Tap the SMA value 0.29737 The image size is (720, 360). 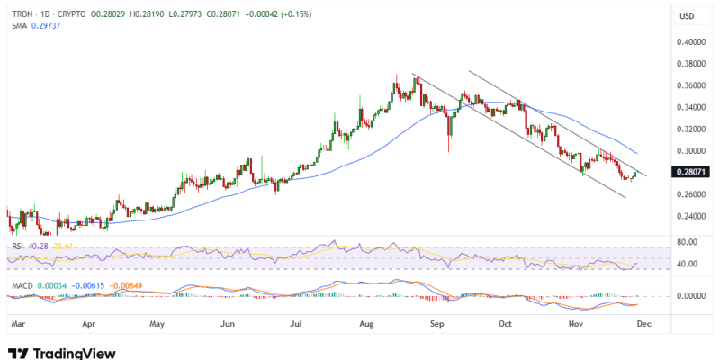click(48, 27)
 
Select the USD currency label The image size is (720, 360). click(687, 16)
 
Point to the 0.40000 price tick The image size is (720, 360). click(689, 41)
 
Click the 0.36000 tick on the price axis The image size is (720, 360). click(689, 85)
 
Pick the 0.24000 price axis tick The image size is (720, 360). click(689, 217)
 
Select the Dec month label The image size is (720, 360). click(643, 321)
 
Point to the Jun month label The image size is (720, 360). click(227, 321)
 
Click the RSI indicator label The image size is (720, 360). click(17, 245)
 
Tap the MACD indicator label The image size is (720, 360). click(22, 285)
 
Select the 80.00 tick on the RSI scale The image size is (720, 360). click(688, 242)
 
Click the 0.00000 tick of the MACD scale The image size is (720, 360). click(689, 295)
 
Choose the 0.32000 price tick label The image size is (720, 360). click(689, 130)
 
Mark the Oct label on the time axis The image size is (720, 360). click(506, 321)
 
